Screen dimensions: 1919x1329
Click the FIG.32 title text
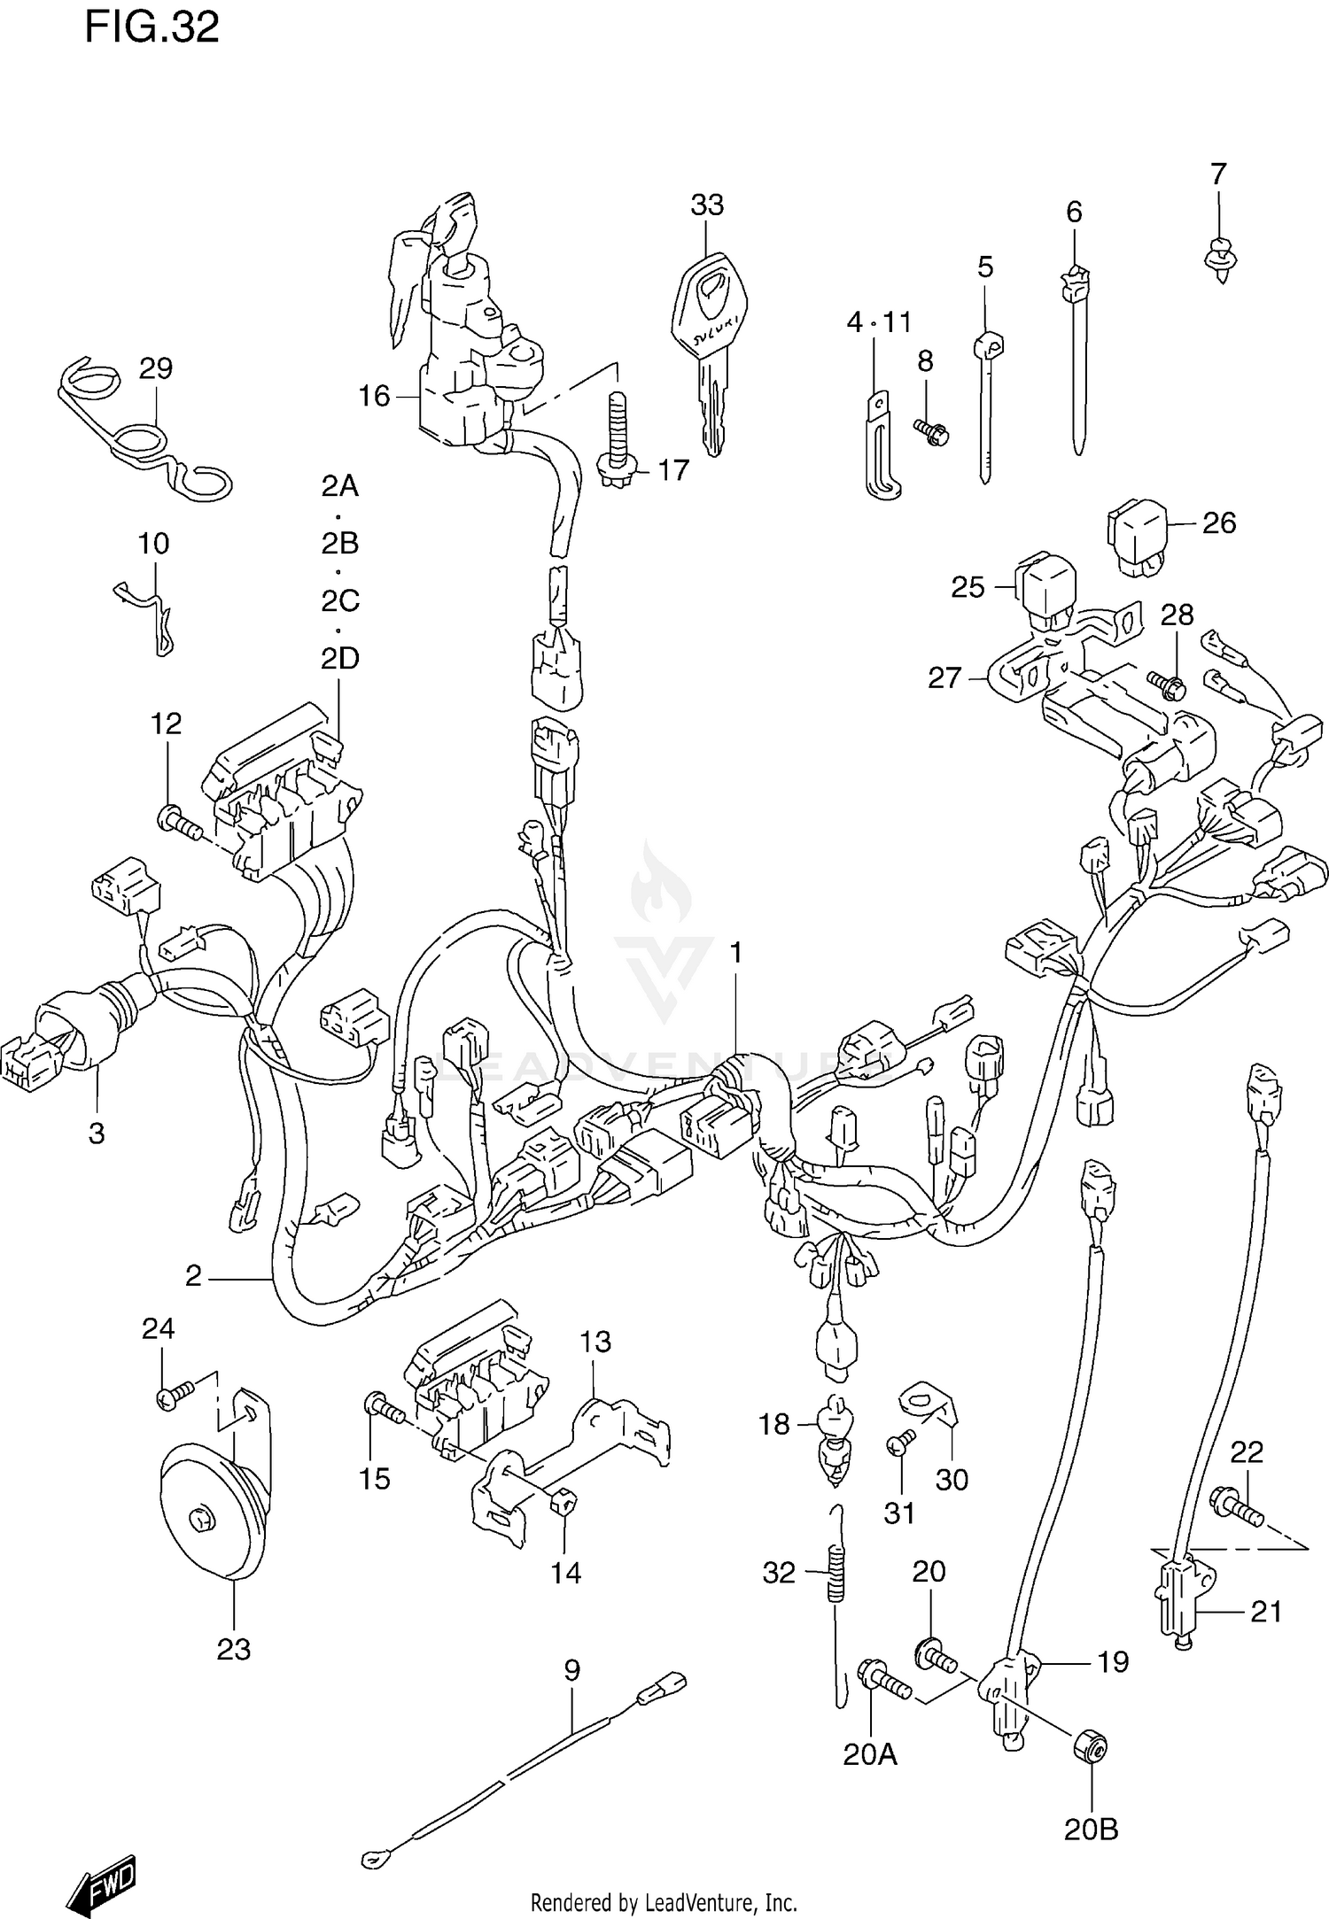point(152,28)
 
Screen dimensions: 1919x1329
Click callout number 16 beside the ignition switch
point(374,396)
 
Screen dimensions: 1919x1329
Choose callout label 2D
point(340,658)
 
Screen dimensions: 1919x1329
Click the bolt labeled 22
point(1237,1505)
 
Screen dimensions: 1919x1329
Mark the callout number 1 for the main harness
point(735,953)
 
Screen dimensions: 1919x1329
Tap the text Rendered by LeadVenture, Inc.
point(664,1902)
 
